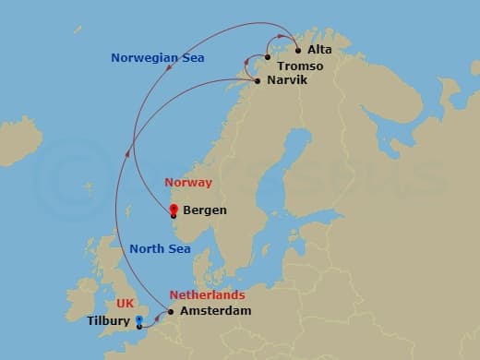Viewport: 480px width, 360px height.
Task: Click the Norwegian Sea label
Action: [x=157, y=58]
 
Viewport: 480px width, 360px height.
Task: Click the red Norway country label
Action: [x=187, y=183]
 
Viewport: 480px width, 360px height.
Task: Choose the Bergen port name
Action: [x=205, y=210]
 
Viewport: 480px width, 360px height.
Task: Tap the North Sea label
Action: [x=160, y=248]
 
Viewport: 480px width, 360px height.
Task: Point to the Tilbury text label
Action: [x=109, y=322]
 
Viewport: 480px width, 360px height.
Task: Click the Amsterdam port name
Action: [x=215, y=312]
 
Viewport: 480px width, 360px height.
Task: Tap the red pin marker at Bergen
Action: [x=174, y=210]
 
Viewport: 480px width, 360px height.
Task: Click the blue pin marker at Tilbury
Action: [x=139, y=321]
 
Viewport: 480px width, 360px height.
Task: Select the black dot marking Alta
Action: [x=298, y=52]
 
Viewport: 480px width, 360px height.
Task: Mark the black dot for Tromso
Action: [x=268, y=57]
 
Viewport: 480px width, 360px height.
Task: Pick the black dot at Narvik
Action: [x=258, y=80]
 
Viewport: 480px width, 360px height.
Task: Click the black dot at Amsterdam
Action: [x=171, y=312]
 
